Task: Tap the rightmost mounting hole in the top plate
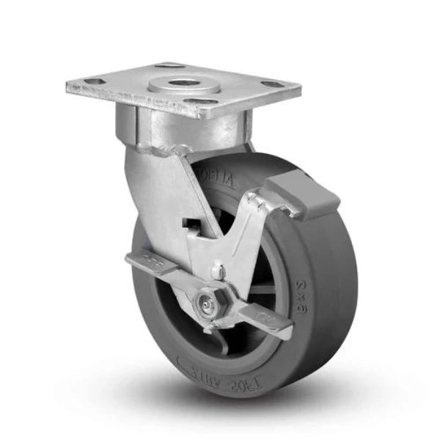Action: coord(272,84)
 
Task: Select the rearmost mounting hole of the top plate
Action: coord(169,67)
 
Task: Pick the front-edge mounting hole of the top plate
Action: coord(203,101)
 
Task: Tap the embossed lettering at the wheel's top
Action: coord(219,181)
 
